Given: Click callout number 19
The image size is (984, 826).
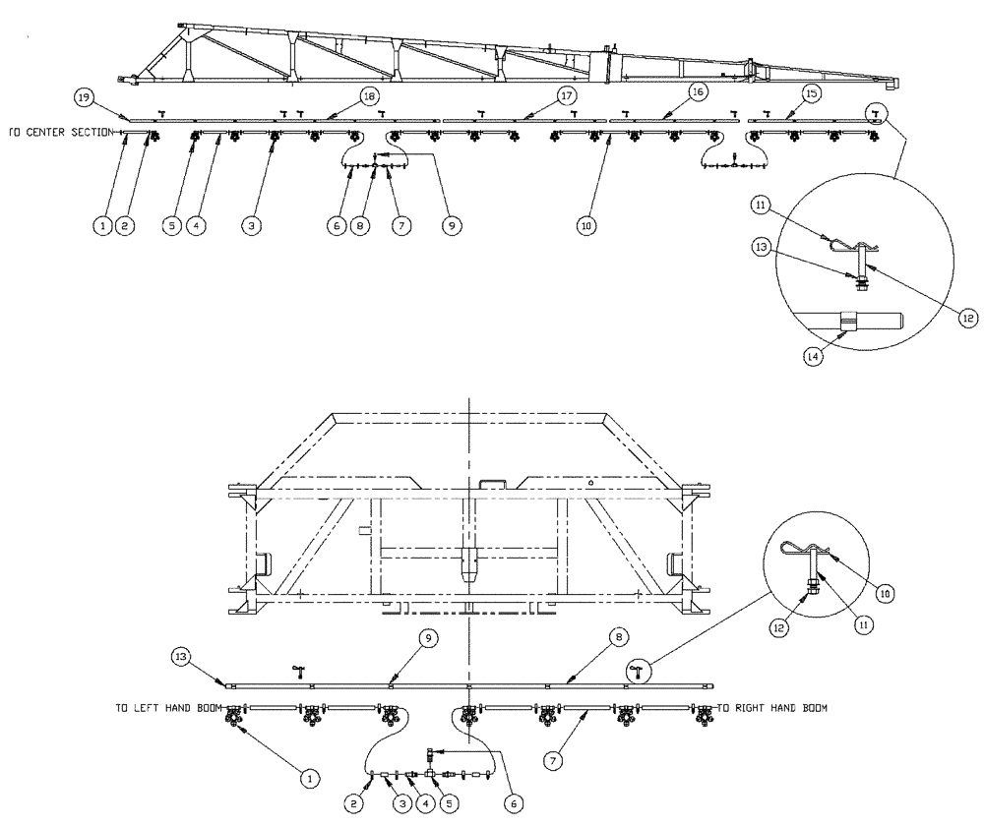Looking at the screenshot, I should click(85, 96).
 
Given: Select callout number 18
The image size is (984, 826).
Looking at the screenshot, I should click(369, 96).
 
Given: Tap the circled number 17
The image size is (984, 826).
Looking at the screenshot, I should click(566, 96).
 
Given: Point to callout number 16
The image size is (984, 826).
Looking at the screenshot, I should click(697, 91).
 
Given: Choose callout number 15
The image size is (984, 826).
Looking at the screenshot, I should click(811, 92).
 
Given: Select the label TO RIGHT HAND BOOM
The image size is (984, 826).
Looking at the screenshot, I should click(772, 707).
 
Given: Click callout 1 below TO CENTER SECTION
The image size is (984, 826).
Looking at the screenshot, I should click(101, 225).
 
